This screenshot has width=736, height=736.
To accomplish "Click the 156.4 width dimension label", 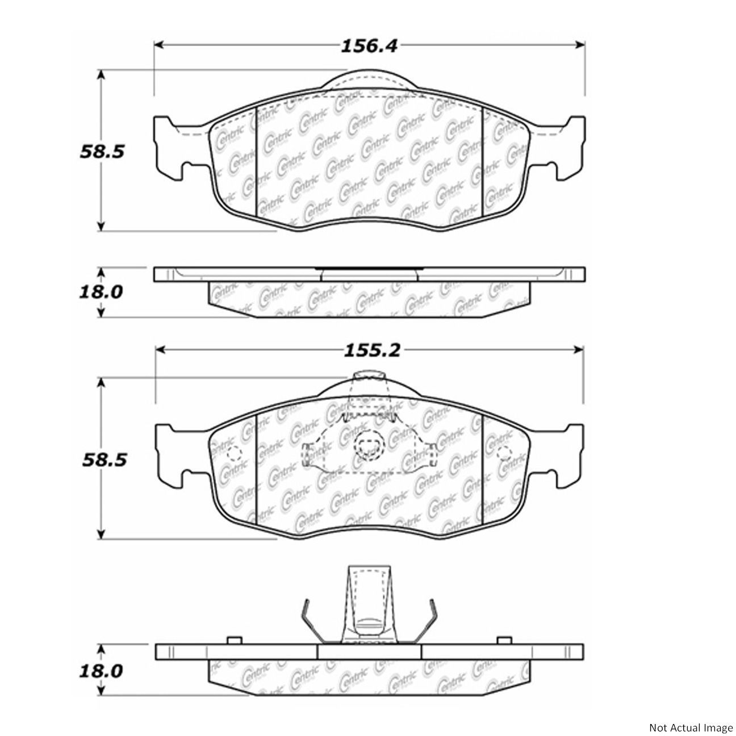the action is pos(369,46).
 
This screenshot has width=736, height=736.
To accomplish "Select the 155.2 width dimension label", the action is pos(372,350).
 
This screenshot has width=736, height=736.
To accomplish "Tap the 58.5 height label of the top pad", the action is pos(102,152).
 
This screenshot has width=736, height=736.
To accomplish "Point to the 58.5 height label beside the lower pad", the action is pos(104,461).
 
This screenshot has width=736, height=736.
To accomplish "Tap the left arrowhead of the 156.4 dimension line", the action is pos(159,45).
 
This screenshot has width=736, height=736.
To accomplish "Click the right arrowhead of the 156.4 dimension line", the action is pos(580,45).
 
